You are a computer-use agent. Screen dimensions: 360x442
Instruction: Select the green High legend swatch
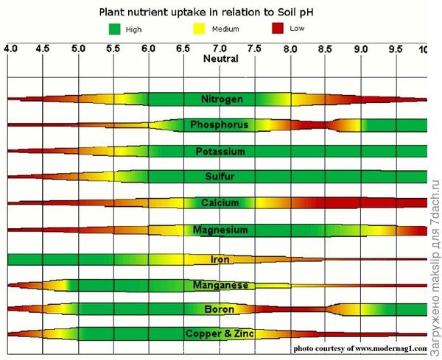pos(114,29)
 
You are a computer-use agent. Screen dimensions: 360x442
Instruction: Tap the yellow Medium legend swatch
pos(200,29)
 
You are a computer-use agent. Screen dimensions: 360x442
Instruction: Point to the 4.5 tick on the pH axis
pos(43,49)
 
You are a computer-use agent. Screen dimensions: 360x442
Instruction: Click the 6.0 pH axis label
pos(148,49)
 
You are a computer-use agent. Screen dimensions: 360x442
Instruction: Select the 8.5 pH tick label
pos(325,49)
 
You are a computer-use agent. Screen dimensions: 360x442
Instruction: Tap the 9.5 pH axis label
pos(395,49)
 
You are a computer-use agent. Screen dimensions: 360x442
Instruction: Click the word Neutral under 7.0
pos(220,58)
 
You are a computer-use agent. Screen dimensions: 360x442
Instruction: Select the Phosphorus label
pos(219,125)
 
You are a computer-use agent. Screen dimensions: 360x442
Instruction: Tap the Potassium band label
pos(220,152)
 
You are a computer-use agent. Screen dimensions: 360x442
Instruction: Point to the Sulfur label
pos(220,177)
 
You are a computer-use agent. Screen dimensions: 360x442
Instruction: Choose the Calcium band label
pos(220,202)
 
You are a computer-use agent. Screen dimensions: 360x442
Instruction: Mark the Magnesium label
pos(220,230)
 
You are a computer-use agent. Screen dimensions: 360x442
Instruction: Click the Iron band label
pos(220,259)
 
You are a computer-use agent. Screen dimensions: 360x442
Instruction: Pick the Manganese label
pos(220,284)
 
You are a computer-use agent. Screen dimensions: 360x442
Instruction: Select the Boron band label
pos(220,308)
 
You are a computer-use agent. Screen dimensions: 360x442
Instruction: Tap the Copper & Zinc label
pos(220,333)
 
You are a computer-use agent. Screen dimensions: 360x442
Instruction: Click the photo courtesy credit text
pos(360,348)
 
